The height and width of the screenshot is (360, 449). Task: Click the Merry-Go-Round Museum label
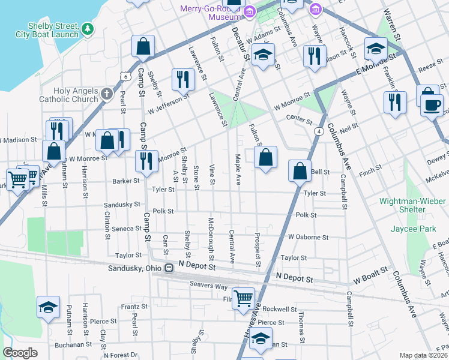click(212, 13)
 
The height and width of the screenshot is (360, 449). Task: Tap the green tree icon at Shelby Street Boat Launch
click(88, 28)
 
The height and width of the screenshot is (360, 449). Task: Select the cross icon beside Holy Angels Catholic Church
click(106, 94)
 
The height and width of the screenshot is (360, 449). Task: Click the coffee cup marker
click(430, 104)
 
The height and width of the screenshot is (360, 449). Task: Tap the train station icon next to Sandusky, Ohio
click(169, 268)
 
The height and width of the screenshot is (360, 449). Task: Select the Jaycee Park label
click(405, 229)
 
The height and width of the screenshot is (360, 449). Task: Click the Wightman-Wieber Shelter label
click(403, 205)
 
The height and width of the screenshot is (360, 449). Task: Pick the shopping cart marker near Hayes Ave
click(243, 297)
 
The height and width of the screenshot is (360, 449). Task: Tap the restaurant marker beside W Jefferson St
click(182, 78)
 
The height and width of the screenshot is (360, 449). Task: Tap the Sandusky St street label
click(121, 205)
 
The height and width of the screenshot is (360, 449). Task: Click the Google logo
click(20, 353)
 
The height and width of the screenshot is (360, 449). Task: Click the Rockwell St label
click(280, 310)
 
